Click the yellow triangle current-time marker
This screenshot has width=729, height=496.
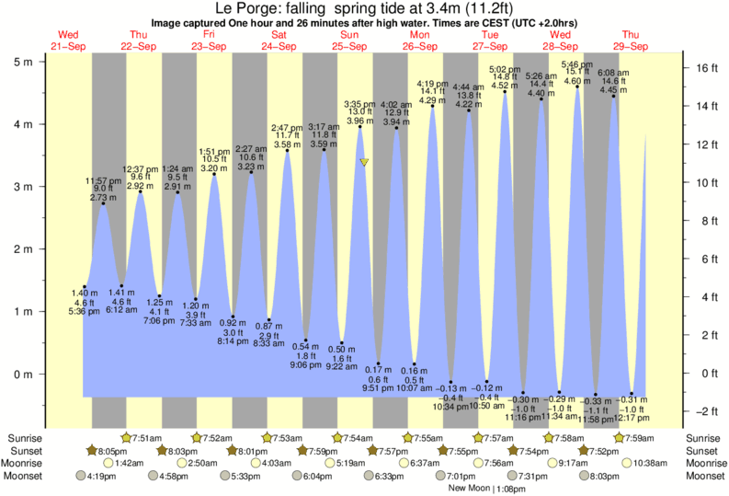[365, 163]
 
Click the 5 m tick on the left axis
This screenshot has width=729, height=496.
[38, 61]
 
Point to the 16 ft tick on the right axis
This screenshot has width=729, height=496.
[700, 67]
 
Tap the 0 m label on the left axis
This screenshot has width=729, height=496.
[21, 374]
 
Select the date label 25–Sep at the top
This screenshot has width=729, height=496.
[349, 45]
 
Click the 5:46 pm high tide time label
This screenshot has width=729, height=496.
[576, 63]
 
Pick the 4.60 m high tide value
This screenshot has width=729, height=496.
[576, 82]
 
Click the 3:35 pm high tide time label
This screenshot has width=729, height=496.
[359, 103]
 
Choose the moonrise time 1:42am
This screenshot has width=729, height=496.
[130, 463]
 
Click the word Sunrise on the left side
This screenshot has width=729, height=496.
[25, 437]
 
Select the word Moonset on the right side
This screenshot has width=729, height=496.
[703, 476]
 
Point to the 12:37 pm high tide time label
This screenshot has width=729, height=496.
[142, 169]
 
